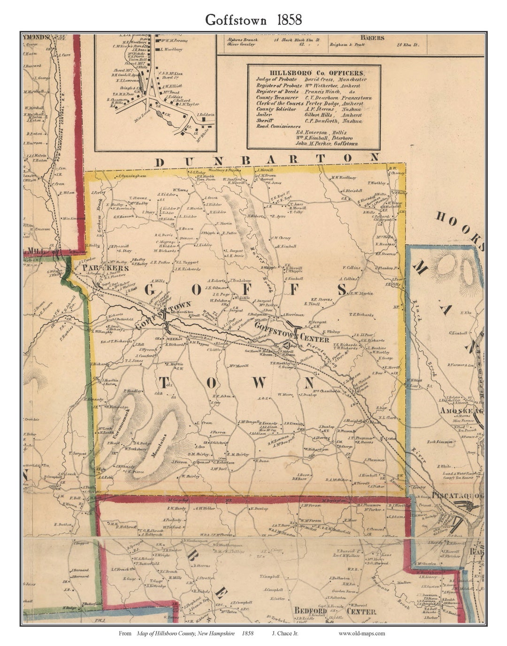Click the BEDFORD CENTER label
tap(335, 611)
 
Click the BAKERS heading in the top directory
tap(372, 38)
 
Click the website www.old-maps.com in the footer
tap(361, 633)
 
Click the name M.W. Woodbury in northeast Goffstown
tap(344, 178)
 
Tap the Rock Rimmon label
tap(440, 442)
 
